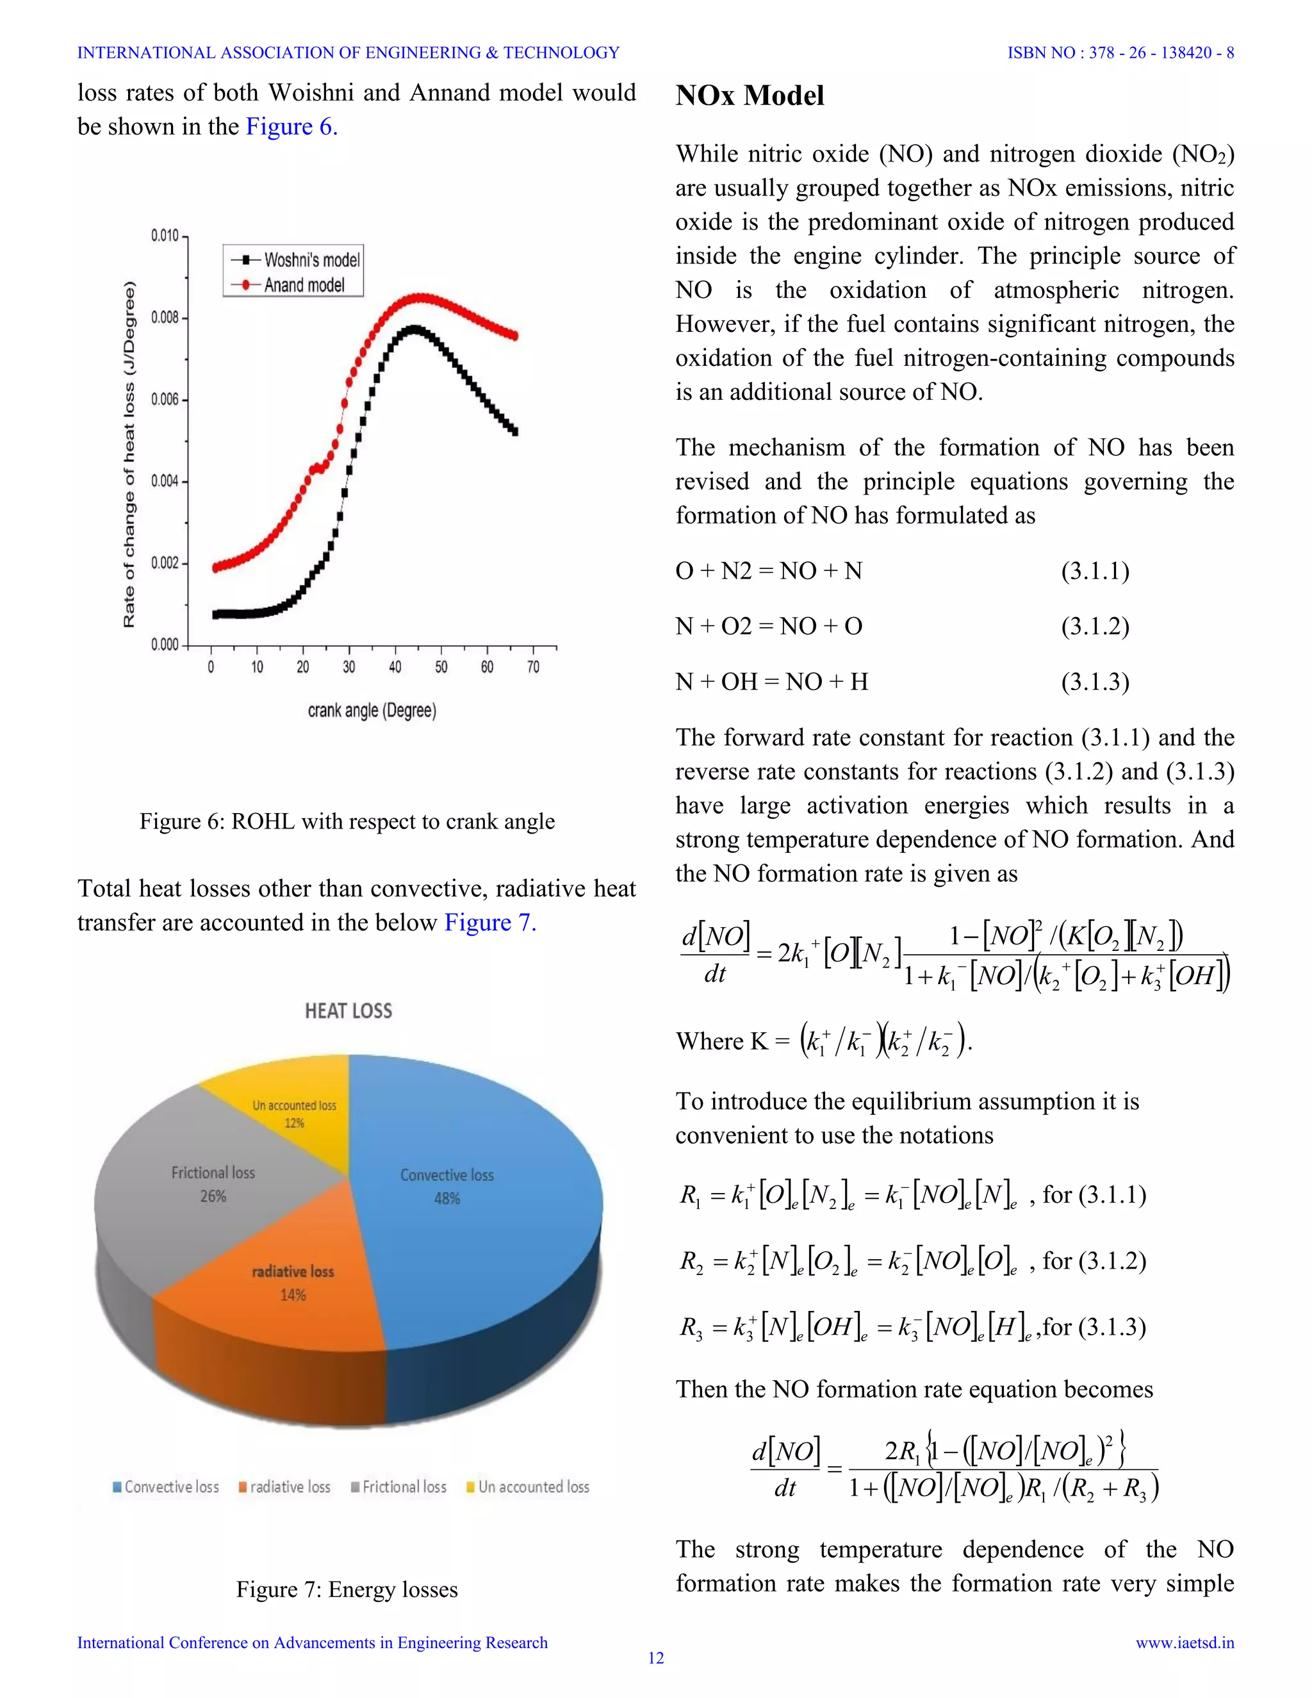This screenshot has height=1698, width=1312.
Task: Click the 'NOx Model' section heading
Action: pos(750,95)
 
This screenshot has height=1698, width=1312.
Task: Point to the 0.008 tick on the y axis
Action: pos(165,317)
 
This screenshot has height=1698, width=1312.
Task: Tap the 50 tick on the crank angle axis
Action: pos(441,667)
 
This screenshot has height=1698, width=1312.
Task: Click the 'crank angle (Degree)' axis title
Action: pos(372,711)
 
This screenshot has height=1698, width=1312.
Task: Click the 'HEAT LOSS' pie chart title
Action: pos(348,1010)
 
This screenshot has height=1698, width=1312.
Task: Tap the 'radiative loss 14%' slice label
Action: pos(293,1283)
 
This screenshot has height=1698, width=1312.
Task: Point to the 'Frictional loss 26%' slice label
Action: pos(213,1184)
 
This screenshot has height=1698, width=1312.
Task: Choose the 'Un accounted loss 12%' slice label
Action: pos(294,1114)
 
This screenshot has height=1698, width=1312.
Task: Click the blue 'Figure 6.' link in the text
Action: pos(291,127)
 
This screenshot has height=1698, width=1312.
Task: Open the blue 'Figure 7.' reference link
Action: pos(489,923)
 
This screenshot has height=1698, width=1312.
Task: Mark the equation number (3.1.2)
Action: pos(1094,627)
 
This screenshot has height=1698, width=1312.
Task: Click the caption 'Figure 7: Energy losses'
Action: pos(347,1590)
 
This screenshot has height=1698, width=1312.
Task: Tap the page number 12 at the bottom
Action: pos(656,1658)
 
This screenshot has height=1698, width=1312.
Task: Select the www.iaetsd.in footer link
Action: pos(1185,1643)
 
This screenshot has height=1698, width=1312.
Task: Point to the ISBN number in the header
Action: pos(1120,53)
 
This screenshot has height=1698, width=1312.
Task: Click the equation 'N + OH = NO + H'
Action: pos(771,682)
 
